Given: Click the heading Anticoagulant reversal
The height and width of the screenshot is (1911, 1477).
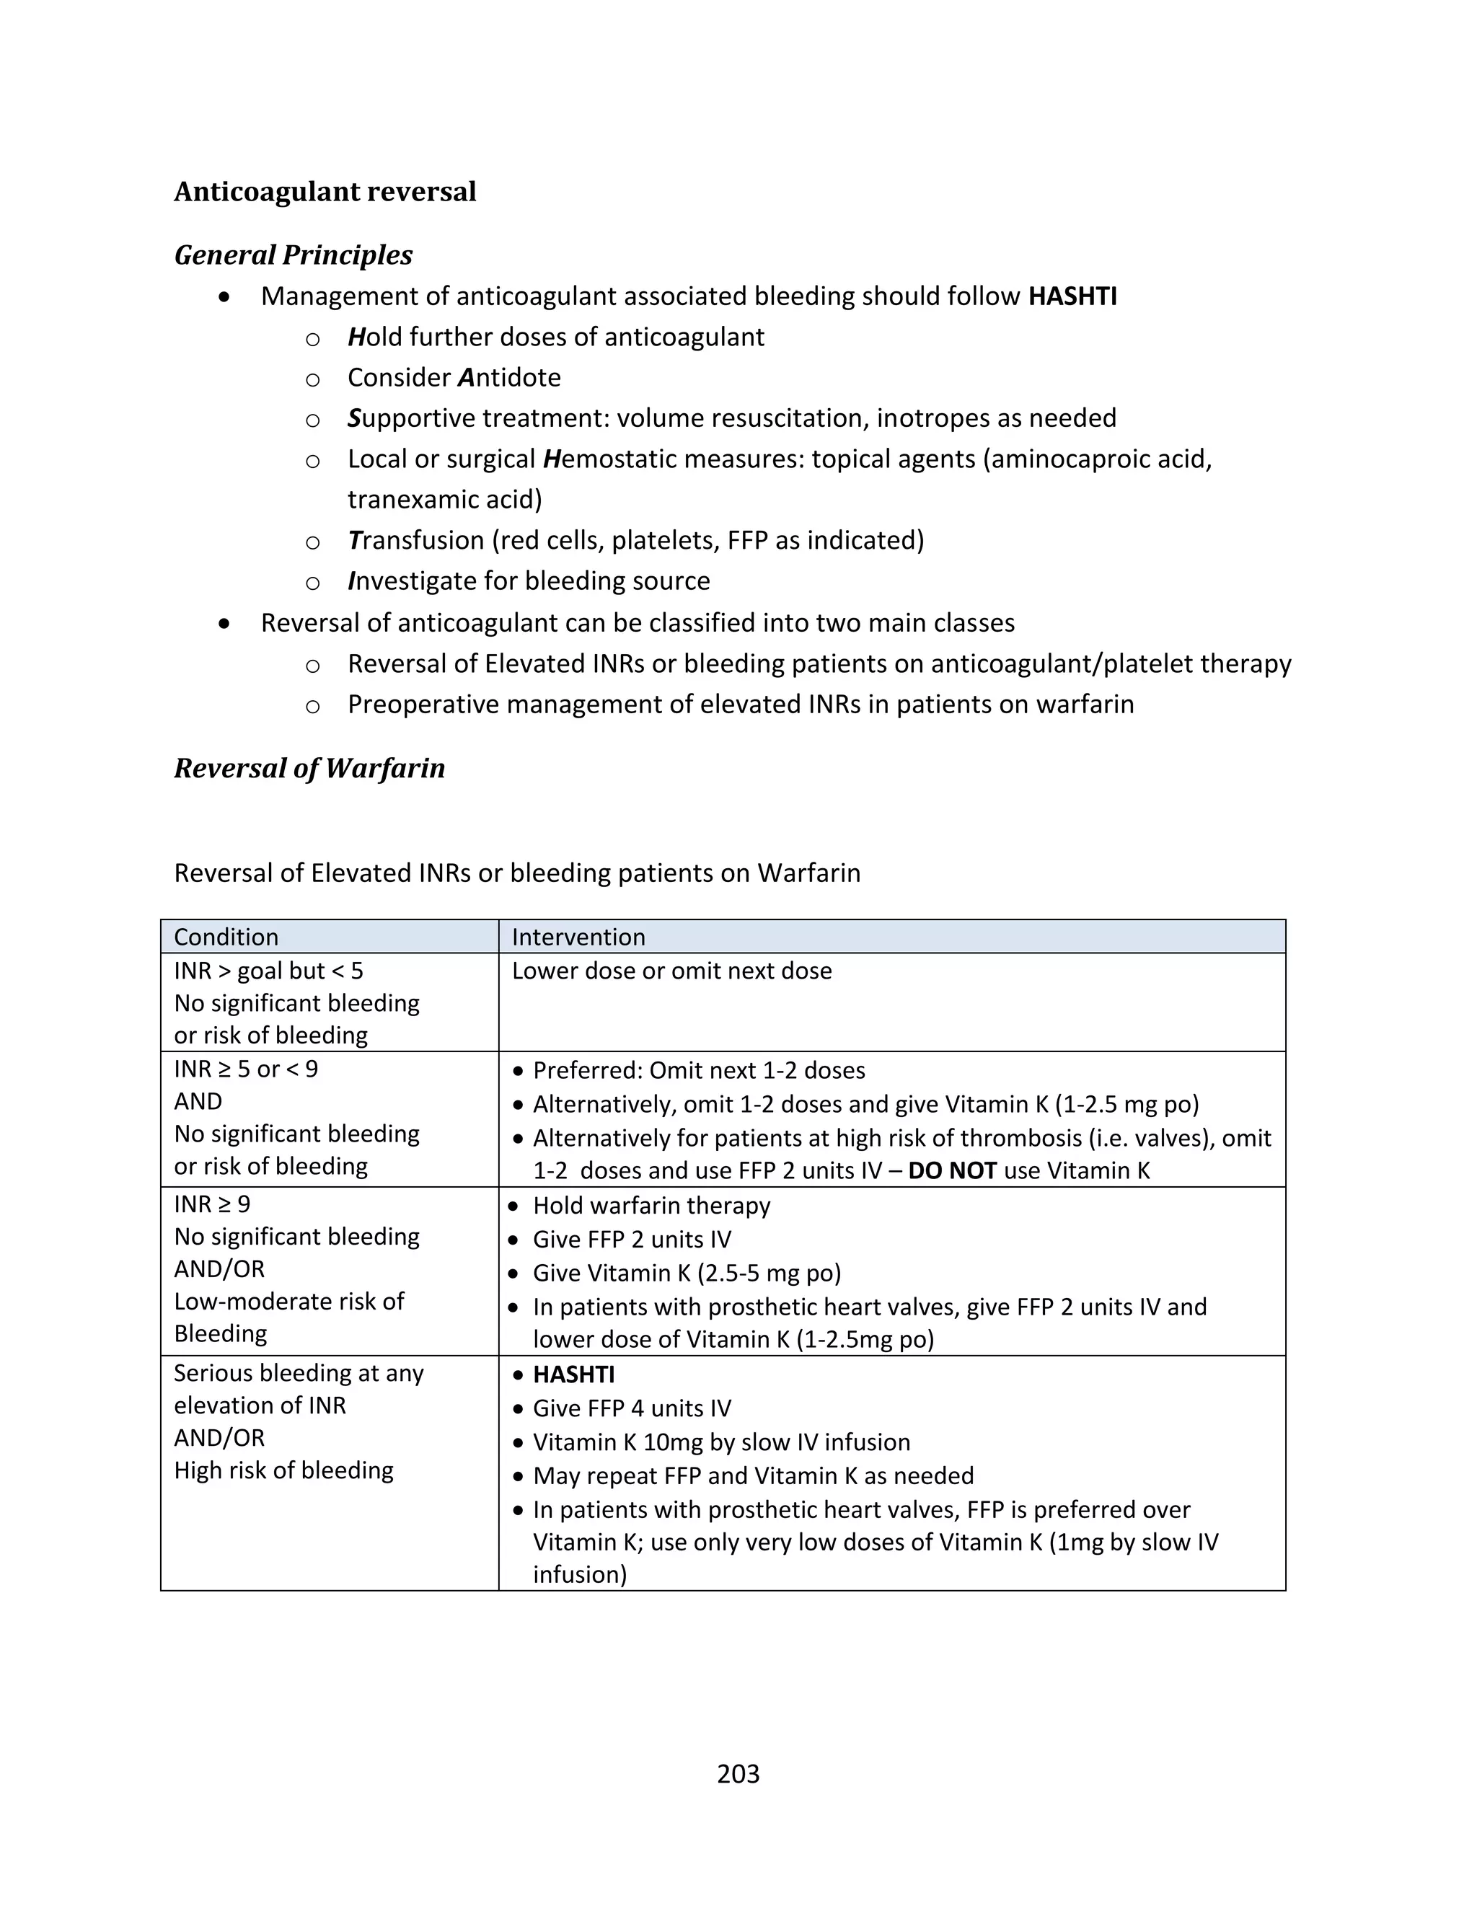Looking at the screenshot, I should [x=325, y=192].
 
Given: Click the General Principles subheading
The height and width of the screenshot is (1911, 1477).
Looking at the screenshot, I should [x=293, y=255].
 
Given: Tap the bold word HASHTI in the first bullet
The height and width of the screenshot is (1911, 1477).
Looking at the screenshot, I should [x=1072, y=296].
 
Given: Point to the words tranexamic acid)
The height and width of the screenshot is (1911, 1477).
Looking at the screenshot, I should [x=444, y=500].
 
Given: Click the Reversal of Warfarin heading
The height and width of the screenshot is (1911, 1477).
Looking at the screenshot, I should [x=309, y=768].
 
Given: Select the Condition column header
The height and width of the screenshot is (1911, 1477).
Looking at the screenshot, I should [x=226, y=937].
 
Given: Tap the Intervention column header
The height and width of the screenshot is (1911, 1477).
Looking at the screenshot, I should [x=578, y=937].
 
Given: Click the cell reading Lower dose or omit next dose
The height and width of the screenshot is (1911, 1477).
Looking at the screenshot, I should [x=671, y=971].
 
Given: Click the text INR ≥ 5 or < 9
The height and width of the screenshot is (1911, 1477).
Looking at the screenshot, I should [x=246, y=1069].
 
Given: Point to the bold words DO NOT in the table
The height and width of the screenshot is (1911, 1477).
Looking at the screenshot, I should [x=952, y=1170].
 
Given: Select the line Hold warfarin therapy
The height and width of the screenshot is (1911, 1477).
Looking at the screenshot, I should [x=651, y=1206].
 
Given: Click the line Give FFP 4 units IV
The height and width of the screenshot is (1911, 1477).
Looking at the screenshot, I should [x=632, y=1409].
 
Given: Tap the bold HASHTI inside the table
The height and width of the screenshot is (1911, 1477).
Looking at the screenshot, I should [x=573, y=1374].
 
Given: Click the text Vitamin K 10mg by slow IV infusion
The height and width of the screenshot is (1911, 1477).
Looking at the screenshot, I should [x=721, y=1442].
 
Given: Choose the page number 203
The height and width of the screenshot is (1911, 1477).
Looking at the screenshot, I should [x=738, y=1774].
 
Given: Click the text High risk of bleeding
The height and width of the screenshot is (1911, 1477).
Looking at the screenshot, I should [x=283, y=1470].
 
